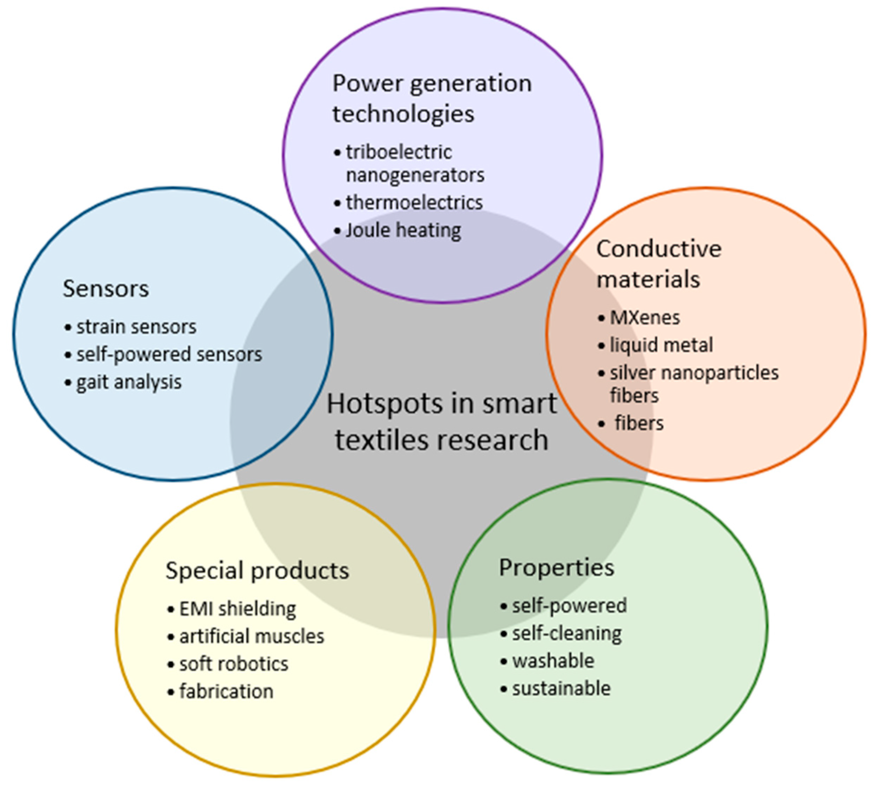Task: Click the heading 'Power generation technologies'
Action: [x=432, y=98]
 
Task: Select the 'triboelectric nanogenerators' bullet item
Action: [x=415, y=164]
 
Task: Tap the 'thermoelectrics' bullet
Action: [x=414, y=203]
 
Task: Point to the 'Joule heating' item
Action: [x=403, y=230]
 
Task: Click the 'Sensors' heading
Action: [x=106, y=289]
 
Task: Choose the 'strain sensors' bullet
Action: [x=136, y=327]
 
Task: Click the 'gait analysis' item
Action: [x=129, y=383]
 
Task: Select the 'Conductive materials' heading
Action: [x=658, y=264]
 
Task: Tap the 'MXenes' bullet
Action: [x=645, y=318]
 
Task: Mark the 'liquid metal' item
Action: [x=661, y=345]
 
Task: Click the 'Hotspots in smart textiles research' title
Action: [x=441, y=421]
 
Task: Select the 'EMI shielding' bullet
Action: [x=237, y=609]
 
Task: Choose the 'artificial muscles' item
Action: [x=252, y=637]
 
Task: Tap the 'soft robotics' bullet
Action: [x=234, y=664]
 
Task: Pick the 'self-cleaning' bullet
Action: [x=566, y=633]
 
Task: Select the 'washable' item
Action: [x=553, y=661]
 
